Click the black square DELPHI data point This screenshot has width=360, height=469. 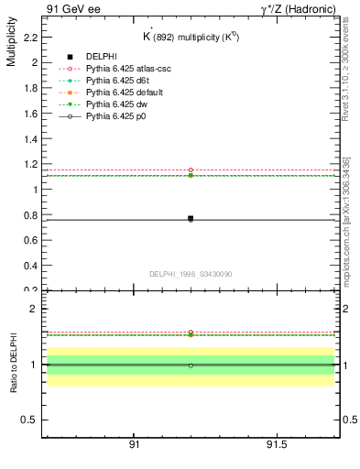point(191,218)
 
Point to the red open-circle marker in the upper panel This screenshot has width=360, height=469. point(191,170)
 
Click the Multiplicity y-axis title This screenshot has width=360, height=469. point(11,45)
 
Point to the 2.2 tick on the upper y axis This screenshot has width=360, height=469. point(30,38)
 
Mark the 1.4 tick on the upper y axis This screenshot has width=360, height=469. point(30,139)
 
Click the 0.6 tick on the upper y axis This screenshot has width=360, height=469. point(30,240)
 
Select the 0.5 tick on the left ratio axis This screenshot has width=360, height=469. point(30,420)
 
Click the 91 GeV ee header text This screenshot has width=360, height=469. point(68,9)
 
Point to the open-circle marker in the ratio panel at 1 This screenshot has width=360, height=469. point(191,365)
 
